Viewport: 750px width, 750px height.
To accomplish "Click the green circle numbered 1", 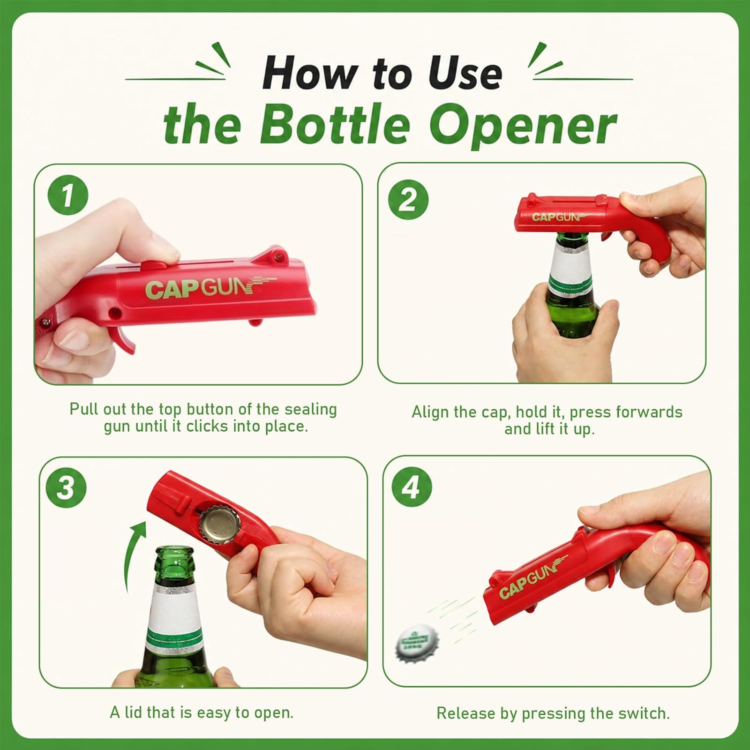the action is click(x=68, y=195).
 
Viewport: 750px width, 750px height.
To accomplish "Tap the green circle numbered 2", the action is click(x=408, y=199).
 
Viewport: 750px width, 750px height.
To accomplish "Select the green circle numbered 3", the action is click(x=66, y=487).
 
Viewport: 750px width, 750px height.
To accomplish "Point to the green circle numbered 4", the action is click(x=411, y=487).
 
